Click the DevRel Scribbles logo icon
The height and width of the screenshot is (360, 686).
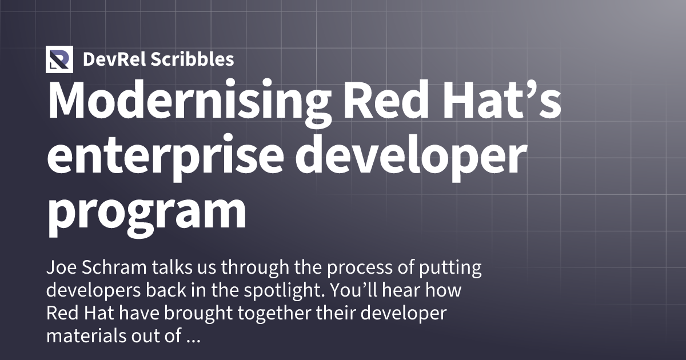59,59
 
